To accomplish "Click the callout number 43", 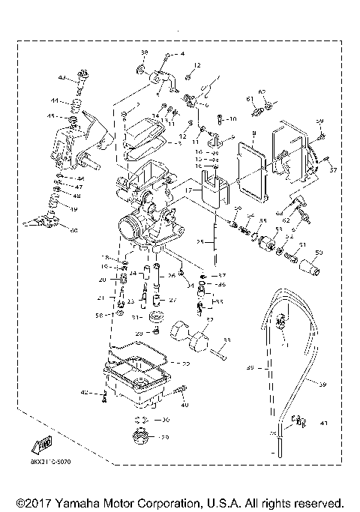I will [62, 77].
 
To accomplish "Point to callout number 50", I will [319, 253].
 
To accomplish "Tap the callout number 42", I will [85, 393].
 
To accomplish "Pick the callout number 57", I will [334, 170].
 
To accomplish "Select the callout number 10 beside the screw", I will [232, 118].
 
